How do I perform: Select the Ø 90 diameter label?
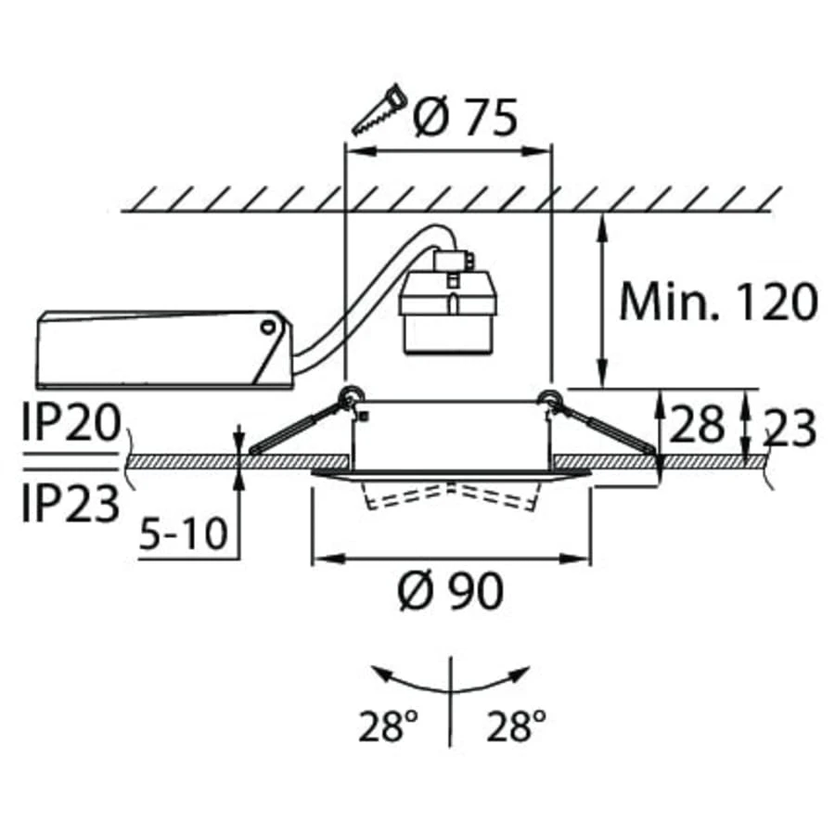pos(451,590)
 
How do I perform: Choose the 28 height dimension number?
pos(696,425)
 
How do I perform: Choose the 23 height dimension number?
pos(790,428)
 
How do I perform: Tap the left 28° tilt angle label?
pos(383,726)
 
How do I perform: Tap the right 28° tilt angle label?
pos(514,726)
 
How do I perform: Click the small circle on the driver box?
pos(268,327)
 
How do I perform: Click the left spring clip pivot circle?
pos(351,396)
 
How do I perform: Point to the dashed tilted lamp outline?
pos(451,496)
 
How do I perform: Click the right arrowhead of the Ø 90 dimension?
pos(584,559)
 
